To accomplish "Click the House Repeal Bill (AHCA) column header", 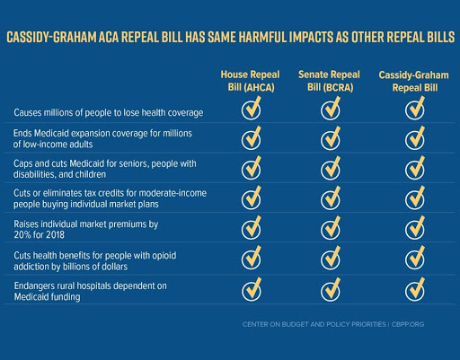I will tap(252, 79).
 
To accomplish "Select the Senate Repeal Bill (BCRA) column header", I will tap(331, 79).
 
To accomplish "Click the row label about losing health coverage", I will tap(107, 112).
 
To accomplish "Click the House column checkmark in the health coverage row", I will tap(252, 110).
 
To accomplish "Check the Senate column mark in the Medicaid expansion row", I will tap(331, 139).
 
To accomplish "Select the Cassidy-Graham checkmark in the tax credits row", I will tap(414, 198).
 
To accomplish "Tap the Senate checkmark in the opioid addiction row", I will tap(331, 259).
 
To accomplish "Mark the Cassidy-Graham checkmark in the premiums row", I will tap(414, 229).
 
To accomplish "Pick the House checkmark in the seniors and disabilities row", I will tap(252, 169).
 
